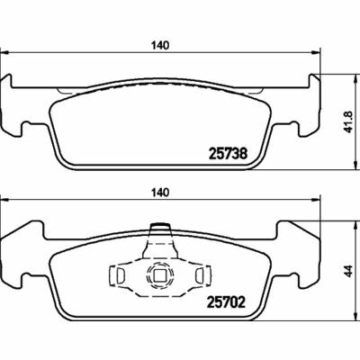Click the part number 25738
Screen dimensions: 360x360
[x=228, y=154]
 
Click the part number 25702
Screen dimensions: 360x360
[x=227, y=302]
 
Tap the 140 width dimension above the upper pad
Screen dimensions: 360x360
[x=161, y=46]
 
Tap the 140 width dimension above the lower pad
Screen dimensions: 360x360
[x=161, y=193]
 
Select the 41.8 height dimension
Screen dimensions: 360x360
[x=348, y=121]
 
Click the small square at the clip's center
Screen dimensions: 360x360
[x=159, y=275]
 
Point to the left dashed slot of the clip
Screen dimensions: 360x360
[x=121, y=275]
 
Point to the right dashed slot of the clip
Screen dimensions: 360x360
[x=200, y=275]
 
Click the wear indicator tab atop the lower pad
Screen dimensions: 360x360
[x=160, y=227]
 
